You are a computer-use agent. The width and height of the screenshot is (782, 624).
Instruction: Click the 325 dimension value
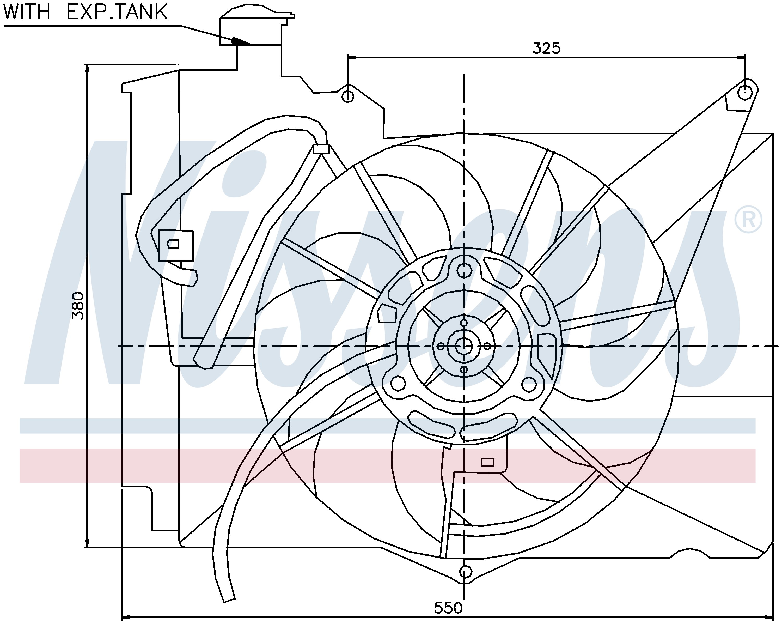(546, 48)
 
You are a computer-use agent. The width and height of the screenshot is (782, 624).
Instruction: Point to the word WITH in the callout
(27, 12)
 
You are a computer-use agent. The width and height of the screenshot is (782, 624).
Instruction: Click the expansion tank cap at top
(258, 13)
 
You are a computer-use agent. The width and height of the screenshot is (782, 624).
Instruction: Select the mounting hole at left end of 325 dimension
(348, 96)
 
